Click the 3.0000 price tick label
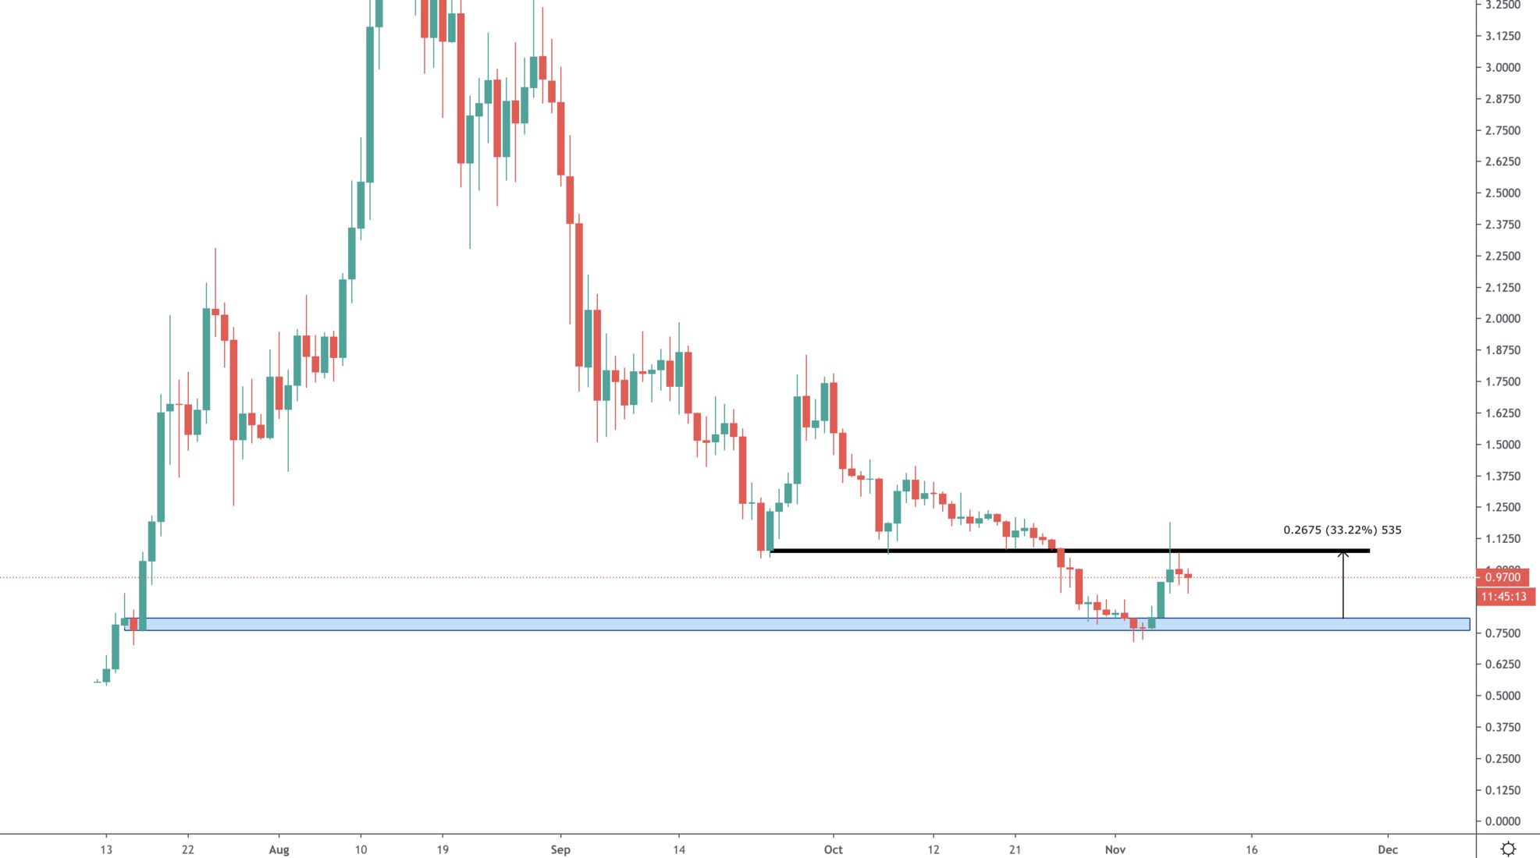[1503, 68]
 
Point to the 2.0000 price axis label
[1503, 319]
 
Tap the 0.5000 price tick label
[1503, 696]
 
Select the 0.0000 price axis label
[1503, 821]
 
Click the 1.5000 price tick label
[1503, 445]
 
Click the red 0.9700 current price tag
[1503, 577]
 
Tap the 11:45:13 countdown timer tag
[1503, 597]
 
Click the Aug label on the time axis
[279, 849]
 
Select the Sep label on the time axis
[560, 849]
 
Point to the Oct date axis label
[833, 849]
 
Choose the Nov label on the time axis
[1115, 849]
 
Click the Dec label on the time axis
[1387, 849]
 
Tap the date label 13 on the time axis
[106, 849]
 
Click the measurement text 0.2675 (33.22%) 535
[1342, 530]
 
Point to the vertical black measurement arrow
[1343, 585]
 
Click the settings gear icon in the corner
[1508, 849]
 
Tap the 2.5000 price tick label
[1503, 193]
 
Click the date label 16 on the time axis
[1251, 849]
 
